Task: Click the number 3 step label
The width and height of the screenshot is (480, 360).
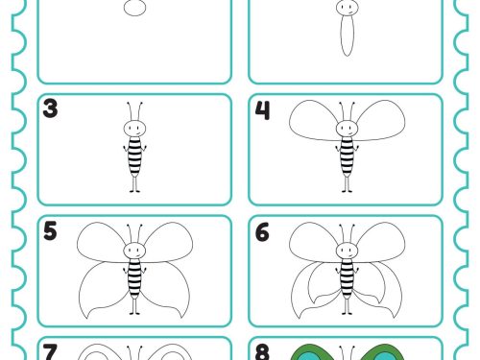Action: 50,108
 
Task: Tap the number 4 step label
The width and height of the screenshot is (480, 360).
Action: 262,110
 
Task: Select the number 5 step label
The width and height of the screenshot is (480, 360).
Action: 50,230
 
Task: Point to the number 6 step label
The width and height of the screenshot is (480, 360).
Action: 262,232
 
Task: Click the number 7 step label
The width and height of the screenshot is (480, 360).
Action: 50,352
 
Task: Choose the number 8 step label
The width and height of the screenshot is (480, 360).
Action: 262,352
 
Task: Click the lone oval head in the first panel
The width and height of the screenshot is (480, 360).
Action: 134,8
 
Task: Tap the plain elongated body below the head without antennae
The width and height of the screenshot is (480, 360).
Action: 347,36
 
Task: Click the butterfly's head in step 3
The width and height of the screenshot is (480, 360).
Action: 134,129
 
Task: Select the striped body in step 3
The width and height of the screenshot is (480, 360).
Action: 134,156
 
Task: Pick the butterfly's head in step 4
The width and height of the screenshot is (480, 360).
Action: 348,129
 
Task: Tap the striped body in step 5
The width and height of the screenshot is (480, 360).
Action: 134,278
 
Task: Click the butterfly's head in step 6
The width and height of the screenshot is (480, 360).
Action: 348,251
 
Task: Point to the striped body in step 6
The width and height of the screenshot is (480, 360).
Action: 348,278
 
